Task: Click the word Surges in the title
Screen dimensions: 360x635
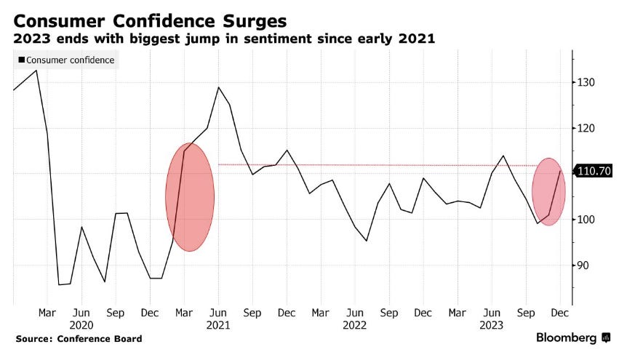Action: click(x=248, y=20)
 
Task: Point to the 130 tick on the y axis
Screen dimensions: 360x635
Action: click(x=586, y=83)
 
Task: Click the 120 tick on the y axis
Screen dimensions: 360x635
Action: click(x=586, y=129)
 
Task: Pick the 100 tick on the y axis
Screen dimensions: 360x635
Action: click(x=586, y=220)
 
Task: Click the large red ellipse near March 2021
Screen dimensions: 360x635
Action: click(x=190, y=196)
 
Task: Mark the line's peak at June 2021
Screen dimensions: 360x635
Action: click(x=218, y=87)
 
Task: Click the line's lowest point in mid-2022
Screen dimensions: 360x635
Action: click(x=367, y=241)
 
